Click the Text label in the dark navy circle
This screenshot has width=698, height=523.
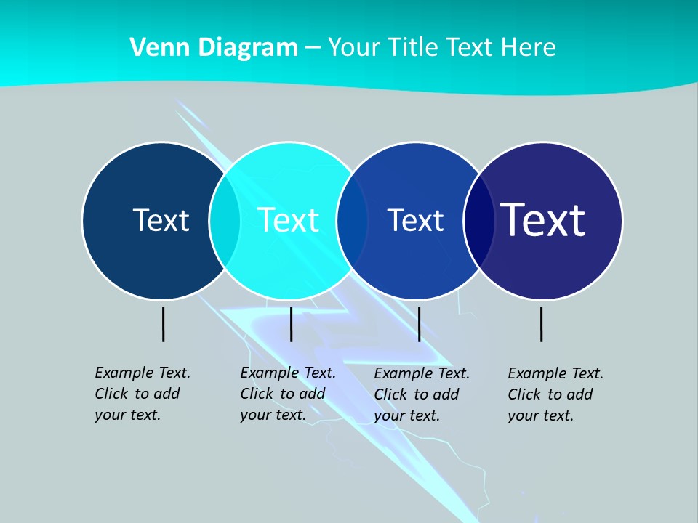coord(161,220)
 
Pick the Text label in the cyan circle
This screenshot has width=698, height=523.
coord(288,220)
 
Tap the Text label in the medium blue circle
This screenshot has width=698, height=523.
coord(415,220)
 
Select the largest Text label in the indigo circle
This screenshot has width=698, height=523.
coord(543,219)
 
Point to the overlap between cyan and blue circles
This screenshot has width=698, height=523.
coord(353,221)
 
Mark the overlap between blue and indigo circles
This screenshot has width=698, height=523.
coord(479,221)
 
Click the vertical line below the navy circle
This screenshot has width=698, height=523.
coord(164,324)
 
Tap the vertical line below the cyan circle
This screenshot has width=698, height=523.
coord(291,324)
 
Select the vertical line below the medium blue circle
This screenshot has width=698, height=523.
coord(419,324)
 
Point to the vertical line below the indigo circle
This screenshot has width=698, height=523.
coord(542,324)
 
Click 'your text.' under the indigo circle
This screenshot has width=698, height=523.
coord(541,415)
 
